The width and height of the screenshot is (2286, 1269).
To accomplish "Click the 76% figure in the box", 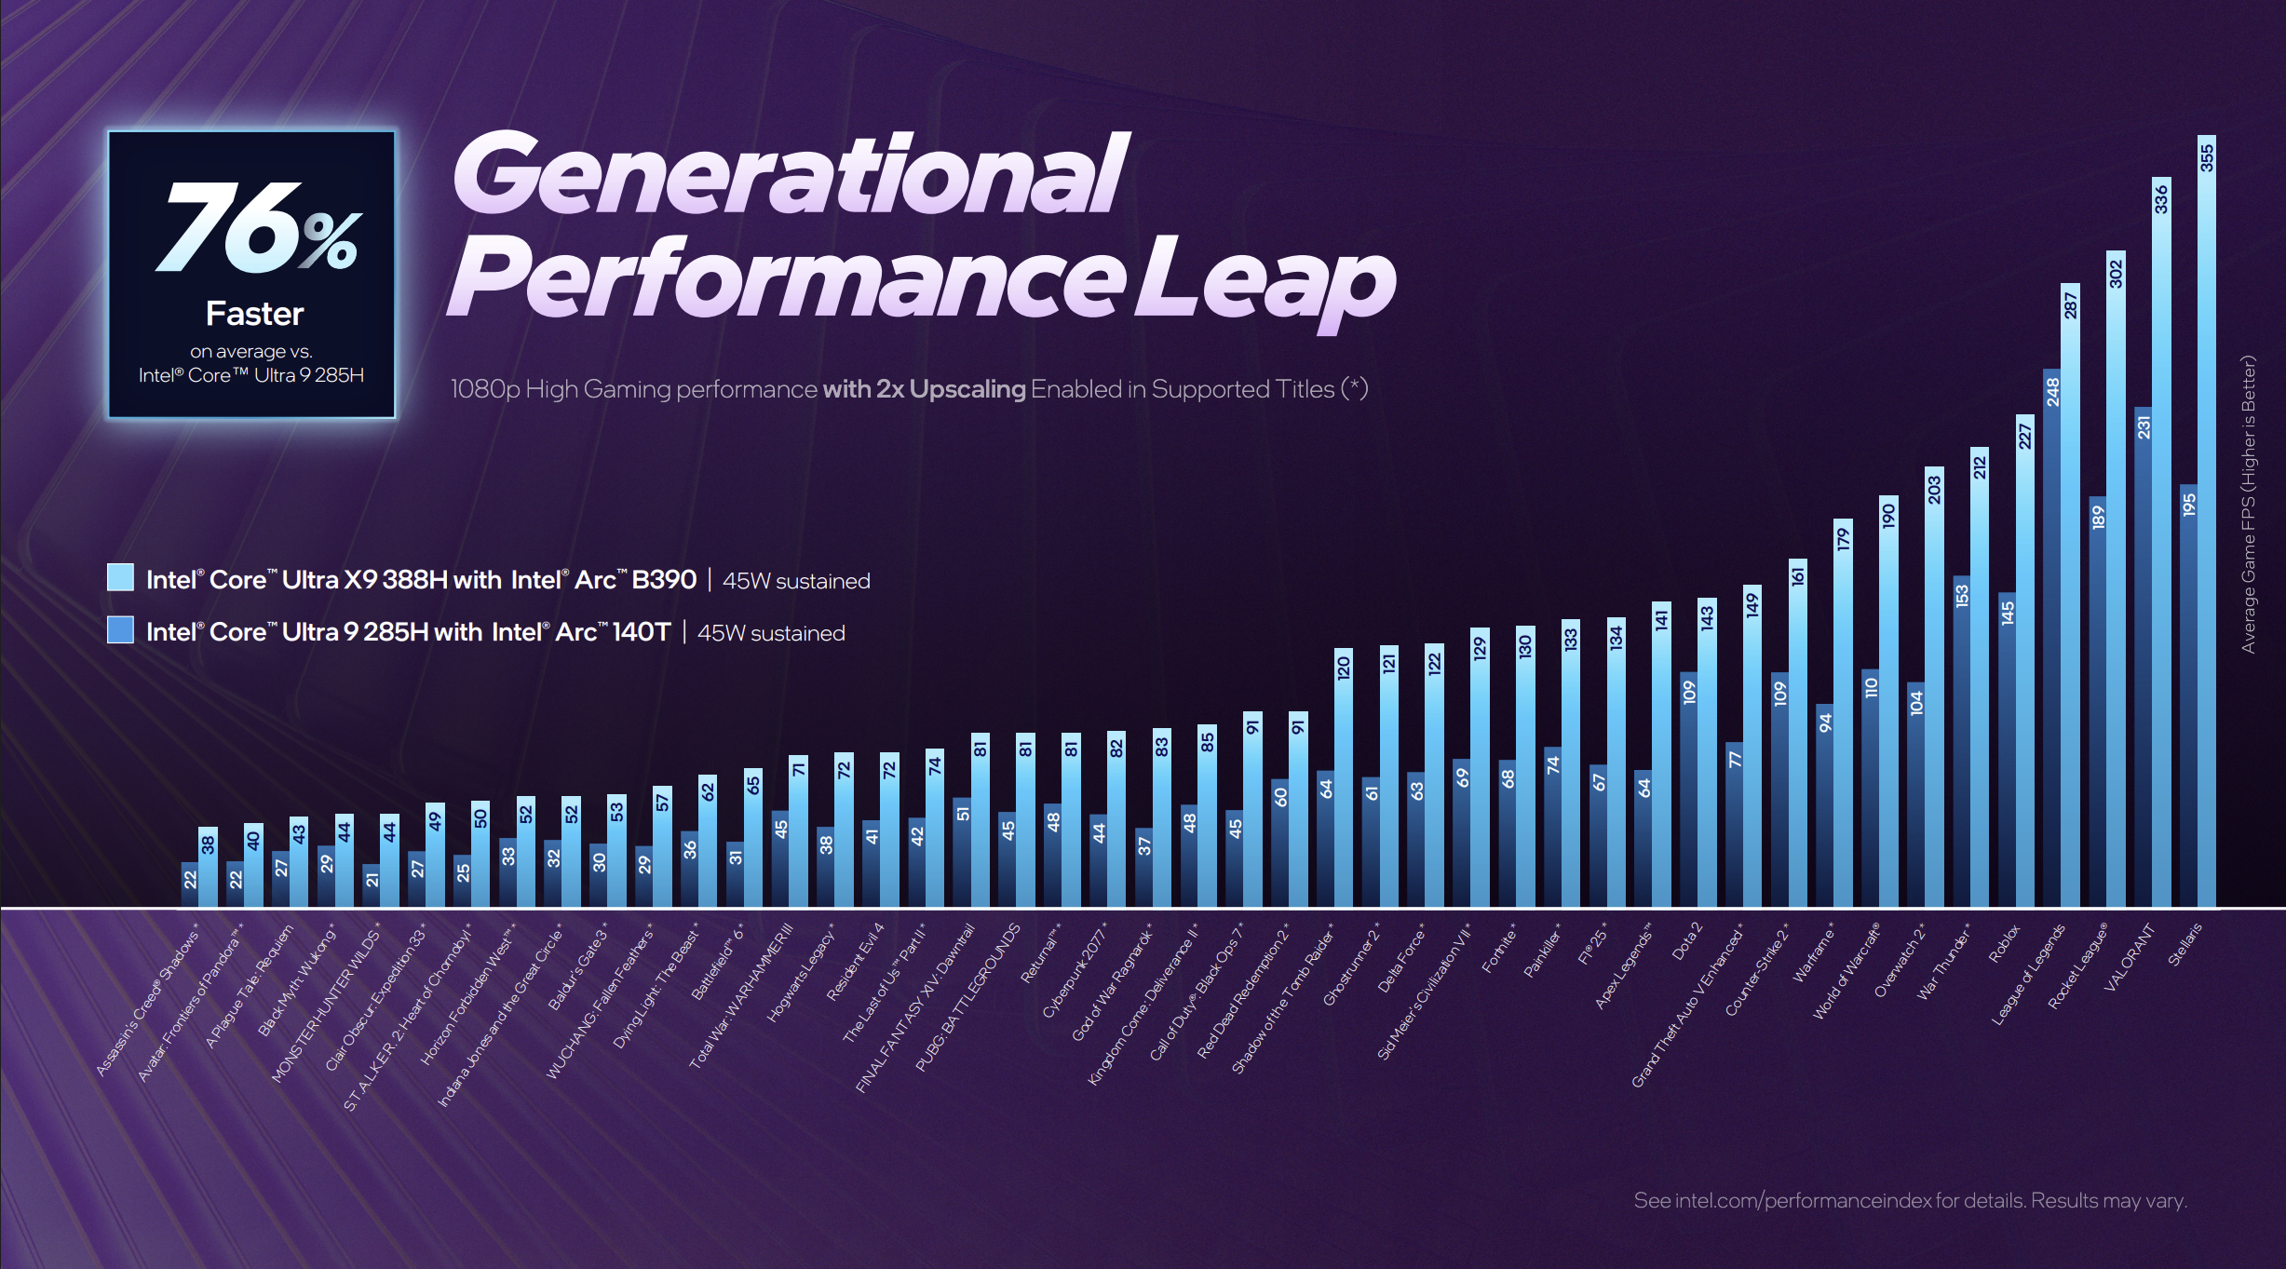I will (255, 229).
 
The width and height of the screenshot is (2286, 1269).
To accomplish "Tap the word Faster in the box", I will (254, 314).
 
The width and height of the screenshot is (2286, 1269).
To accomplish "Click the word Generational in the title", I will (790, 173).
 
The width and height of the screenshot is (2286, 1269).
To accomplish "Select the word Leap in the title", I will (1265, 279).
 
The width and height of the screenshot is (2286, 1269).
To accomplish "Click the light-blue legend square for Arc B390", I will (120, 577).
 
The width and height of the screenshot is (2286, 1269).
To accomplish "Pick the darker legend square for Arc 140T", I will (120, 630).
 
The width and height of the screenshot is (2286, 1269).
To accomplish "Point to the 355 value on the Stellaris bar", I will (2206, 157).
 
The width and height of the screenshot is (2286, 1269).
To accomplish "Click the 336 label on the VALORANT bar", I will (2160, 199).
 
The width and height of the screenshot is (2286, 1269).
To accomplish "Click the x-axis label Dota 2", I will (1686, 941).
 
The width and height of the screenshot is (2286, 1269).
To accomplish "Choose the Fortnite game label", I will (1499, 948).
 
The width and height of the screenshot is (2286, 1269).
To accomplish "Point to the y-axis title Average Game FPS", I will (2249, 504).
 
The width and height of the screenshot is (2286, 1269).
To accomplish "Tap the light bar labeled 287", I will (2070, 596).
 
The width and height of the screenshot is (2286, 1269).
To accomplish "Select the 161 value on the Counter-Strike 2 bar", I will (1797, 576).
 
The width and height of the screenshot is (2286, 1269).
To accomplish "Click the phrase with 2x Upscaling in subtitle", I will (924, 389).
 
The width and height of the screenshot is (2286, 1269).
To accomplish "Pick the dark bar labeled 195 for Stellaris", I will (2188, 698).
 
